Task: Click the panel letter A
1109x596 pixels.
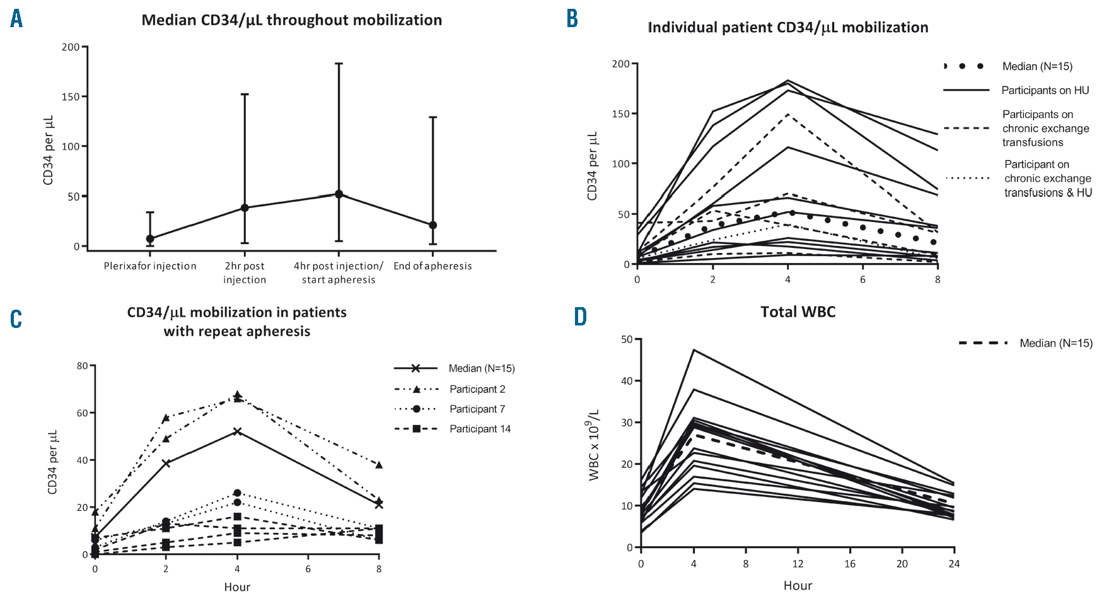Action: (16, 19)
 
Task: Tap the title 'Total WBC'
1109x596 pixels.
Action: (798, 312)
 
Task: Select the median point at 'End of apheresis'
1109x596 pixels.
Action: (433, 225)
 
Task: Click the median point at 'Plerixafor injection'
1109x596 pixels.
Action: (150, 239)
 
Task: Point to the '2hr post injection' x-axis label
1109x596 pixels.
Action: (245, 273)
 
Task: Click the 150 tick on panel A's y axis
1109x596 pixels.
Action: (71, 96)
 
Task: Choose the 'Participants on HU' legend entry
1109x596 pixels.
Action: (1045, 90)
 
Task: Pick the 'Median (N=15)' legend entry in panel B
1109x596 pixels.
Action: (1036, 66)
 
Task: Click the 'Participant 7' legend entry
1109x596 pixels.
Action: (477, 409)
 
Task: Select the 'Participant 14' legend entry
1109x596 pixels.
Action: (480, 429)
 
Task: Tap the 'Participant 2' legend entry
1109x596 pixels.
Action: (477, 389)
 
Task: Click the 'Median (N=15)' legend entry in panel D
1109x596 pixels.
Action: (1055, 343)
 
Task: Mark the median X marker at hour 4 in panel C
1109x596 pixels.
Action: (237, 431)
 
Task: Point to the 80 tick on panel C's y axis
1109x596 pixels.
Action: (82, 366)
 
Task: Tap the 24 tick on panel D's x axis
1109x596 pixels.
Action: (954, 564)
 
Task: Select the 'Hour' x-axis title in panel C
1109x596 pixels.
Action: (237, 587)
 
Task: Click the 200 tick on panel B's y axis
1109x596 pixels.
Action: (620, 64)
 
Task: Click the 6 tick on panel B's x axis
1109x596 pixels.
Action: (862, 279)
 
